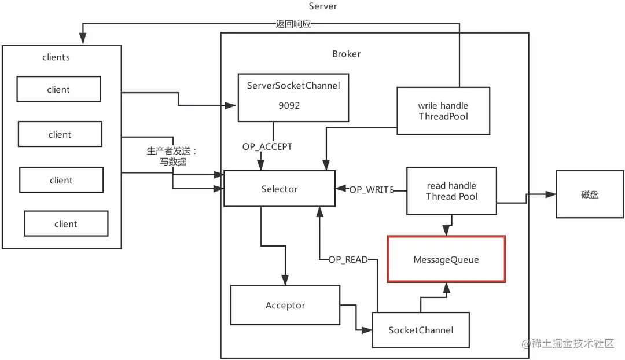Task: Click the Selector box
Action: pyautogui.click(x=280, y=189)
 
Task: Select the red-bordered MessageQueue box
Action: pyautogui.click(x=446, y=259)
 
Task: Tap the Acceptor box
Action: pyautogui.click(x=285, y=305)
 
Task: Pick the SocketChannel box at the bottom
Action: pyautogui.click(x=421, y=330)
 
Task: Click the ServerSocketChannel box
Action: pyautogui.click(x=293, y=97)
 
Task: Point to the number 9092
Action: pyautogui.click(x=289, y=106)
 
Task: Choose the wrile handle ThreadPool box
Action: pyautogui.click(x=443, y=111)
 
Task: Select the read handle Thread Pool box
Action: pyautogui.click(x=451, y=191)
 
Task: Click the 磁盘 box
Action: pyautogui.click(x=590, y=194)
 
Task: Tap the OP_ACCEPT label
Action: pyautogui.click(x=267, y=146)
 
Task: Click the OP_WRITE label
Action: pyautogui.click(x=372, y=190)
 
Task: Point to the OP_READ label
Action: pyautogui.click(x=348, y=259)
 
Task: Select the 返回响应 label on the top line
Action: pyautogui.click(x=293, y=24)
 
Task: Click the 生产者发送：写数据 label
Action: pyautogui.click(x=172, y=156)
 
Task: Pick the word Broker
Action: pyautogui.click(x=347, y=54)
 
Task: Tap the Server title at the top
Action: pyautogui.click(x=323, y=6)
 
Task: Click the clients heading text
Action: pyautogui.click(x=56, y=57)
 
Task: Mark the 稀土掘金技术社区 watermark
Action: pyautogui.click(x=568, y=343)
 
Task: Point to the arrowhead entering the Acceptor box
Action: pyautogui.click(x=285, y=280)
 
